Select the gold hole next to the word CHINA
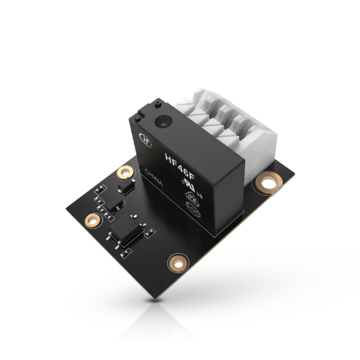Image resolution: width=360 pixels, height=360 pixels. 124,173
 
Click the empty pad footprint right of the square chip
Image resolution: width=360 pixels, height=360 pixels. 150,232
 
